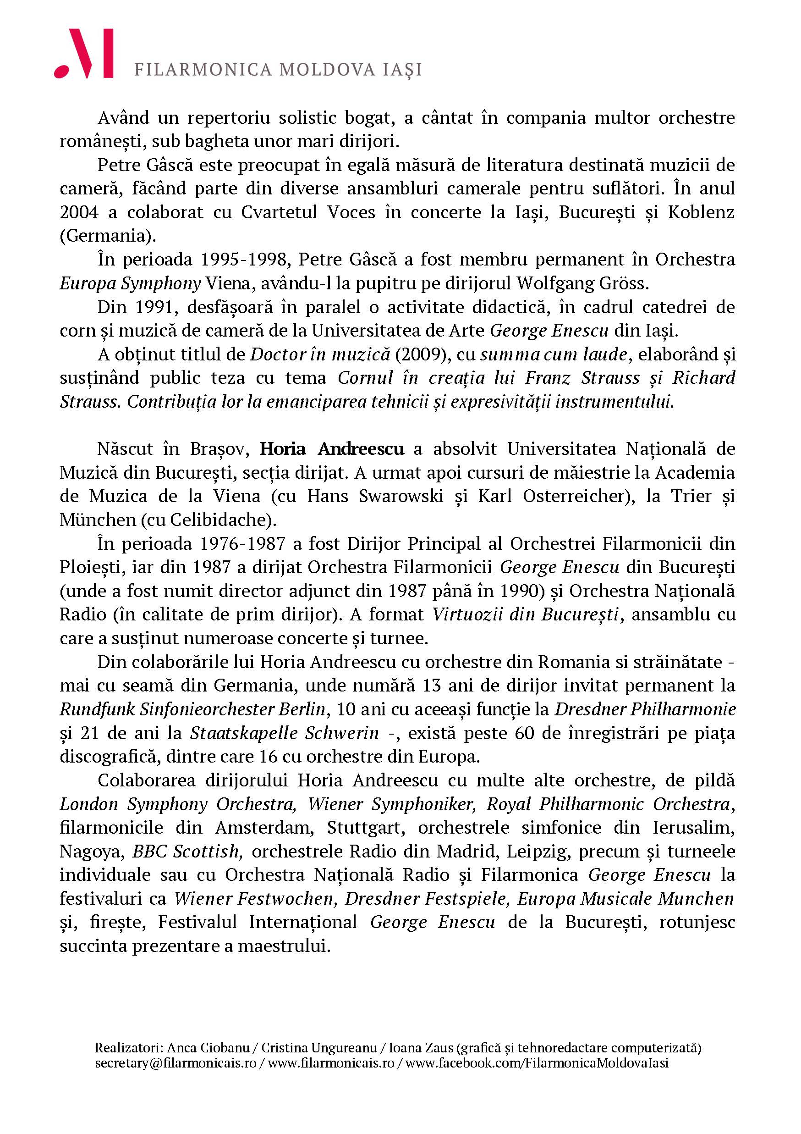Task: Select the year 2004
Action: [x=79, y=212]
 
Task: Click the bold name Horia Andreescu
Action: [x=332, y=449]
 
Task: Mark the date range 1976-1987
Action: [x=242, y=544]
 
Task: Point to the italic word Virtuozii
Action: [x=469, y=615]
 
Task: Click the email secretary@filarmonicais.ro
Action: [x=176, y=1063]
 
